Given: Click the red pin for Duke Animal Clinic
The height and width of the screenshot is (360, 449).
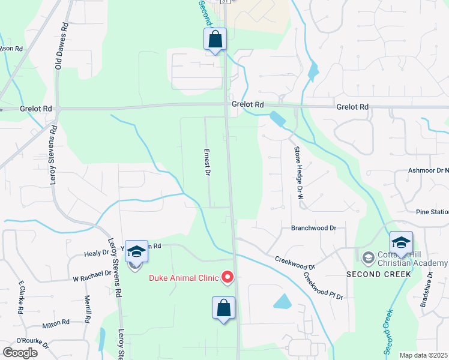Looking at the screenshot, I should (228, 277).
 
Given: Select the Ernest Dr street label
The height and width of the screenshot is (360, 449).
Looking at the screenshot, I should (207, 163).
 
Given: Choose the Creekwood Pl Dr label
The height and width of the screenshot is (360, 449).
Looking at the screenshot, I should (322, 286).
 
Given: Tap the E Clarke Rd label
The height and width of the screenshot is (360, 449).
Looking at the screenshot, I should (21, 297).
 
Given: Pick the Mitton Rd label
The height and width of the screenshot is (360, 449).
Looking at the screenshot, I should (57, 322).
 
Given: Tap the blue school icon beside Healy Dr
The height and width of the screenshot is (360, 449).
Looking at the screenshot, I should (136, 251).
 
